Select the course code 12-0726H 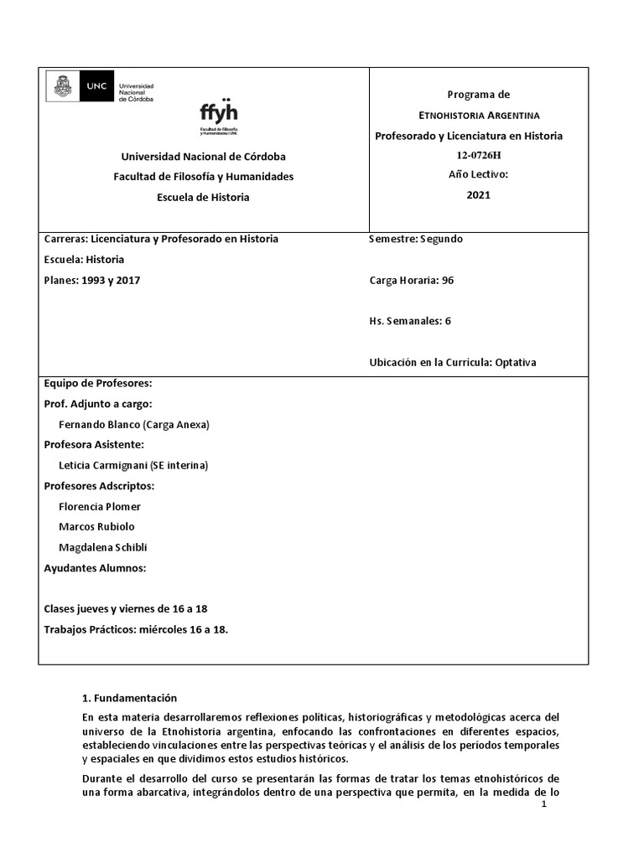pyautogui.click(x=478, y=155)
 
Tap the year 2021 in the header pyautogui.click(x=478, y=195)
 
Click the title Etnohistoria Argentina pyautogui.click(x=479, y=115)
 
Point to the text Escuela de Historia pyautogui.click(x=203, y=197)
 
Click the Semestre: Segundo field pyautogui.click(x=415, y=239)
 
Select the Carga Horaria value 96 pyautogui.click(x=447, y=280)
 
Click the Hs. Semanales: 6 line pyautogui.click(x=409, y=321)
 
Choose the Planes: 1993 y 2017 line pyautogui.click(x=92, y=281)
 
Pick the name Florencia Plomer pyautogui.click(x=100, y=506)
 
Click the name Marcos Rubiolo pyautogui.click(x=96, y=526)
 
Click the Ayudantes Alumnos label pyautogui.click(x=95, y=568)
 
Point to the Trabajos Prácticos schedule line pyautogui.click(x=136, y=629)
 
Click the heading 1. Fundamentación pyautogui.click(x=129, y=698)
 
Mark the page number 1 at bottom pyautogui.click(x=544, y=805)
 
